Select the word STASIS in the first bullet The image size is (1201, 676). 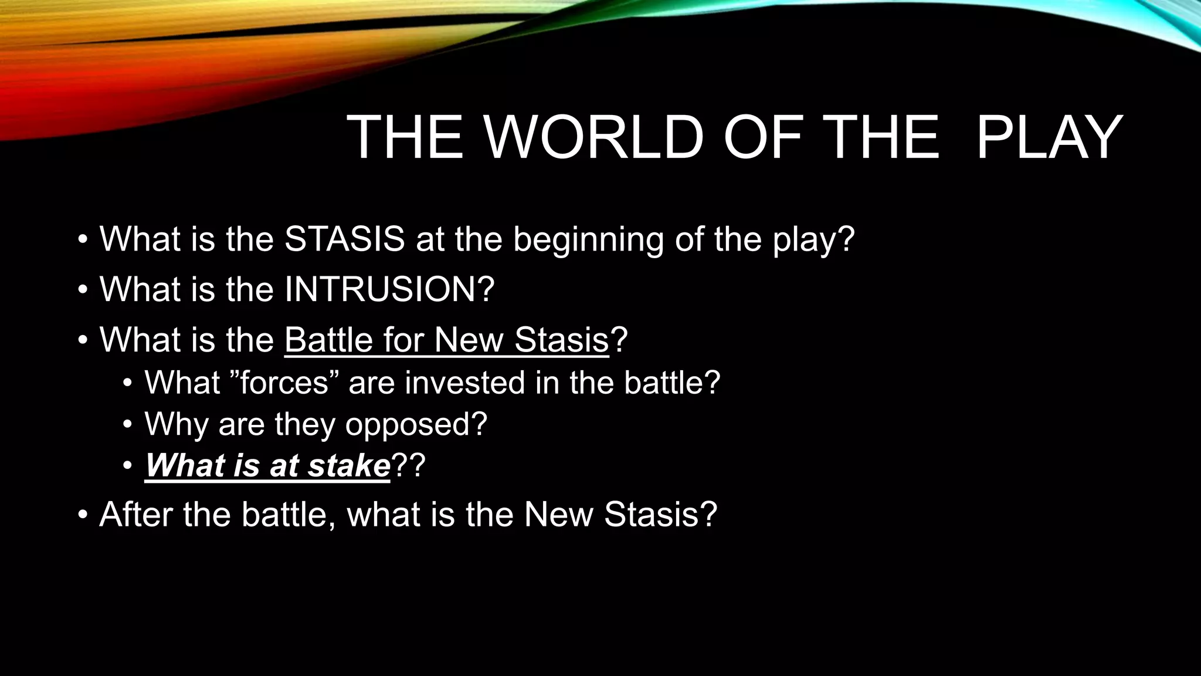[x=344, y=239]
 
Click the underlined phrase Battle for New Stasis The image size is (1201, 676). [x=447, y=340]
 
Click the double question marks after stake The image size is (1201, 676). [x=408, y=466]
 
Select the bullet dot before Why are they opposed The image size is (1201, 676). [x=128, y=425]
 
